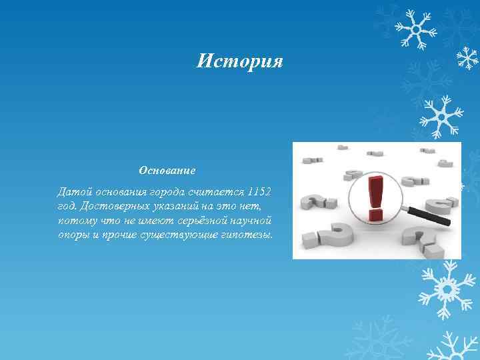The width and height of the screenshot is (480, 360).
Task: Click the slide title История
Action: click(x=240, y=62)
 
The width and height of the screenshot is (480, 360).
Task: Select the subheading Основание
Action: click(x=167, y=171)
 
